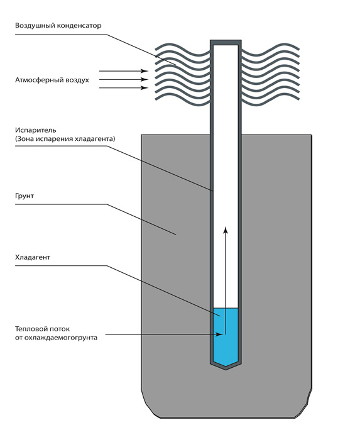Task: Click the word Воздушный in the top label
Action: (35, 26)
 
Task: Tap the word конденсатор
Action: (79, 26)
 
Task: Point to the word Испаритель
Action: (35, 130)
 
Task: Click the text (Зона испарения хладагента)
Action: (65, 139)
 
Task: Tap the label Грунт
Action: (25, 196)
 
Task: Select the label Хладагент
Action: (33, 257)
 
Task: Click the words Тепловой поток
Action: (42, 329)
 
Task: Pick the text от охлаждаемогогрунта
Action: (56, 338)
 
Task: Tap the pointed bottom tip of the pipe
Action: (226, 369)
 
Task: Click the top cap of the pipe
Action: (226, 43)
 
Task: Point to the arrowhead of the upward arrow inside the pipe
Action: (226, 229)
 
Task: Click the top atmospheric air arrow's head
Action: (145, 71)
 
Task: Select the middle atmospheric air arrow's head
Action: (145, 79)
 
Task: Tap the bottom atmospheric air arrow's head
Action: (145, 88)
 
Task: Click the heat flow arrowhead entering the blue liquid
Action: (219, 334)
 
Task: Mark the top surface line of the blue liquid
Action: (226, 308)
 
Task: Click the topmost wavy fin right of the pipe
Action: (270, 48)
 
